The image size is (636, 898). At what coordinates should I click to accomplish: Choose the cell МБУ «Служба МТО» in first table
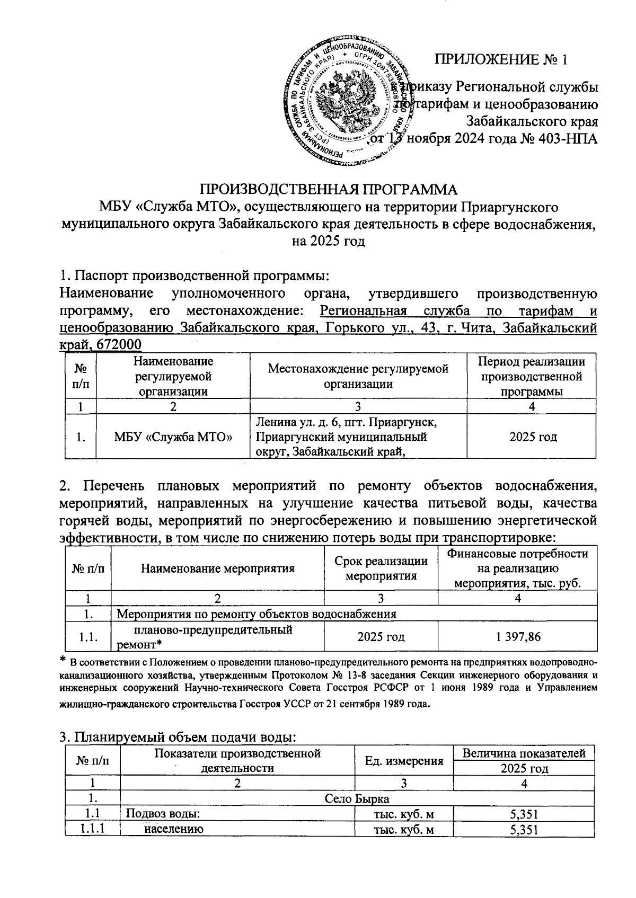(x=173, y=438)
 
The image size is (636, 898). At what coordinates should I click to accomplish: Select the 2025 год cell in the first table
(x=533, y=438)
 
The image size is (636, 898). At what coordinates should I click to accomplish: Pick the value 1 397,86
(x=518, y=636)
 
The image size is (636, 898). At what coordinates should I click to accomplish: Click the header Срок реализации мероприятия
(x=381, y=568)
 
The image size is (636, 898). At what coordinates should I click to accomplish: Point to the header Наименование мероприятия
(x=217, y=569)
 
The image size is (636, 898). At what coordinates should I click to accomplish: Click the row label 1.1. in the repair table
(x=87, y=637)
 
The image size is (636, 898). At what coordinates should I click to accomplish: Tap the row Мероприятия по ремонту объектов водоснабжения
(x=256, y=614)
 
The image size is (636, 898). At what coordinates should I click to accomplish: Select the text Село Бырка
(x=358, y=798)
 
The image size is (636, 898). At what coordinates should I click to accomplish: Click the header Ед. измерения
(x=404, y=761)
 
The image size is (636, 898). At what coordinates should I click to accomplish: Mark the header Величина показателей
(x=524, y=753)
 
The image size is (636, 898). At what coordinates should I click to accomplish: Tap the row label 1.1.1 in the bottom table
(x=93, y=830)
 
